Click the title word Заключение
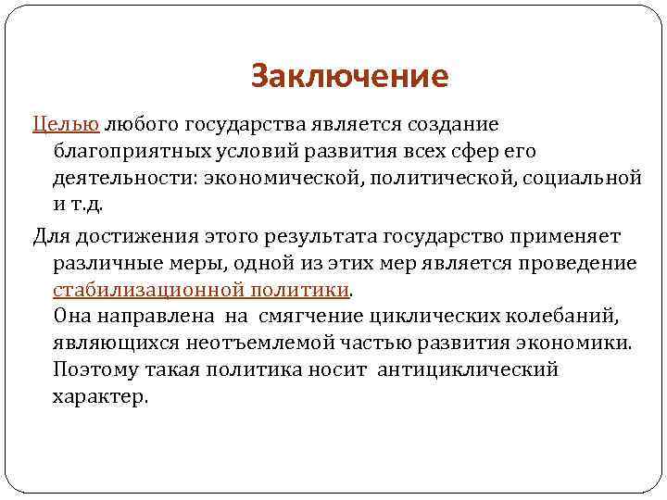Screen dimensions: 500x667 tap(349, 76)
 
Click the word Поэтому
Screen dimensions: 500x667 tap(97, 369)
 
